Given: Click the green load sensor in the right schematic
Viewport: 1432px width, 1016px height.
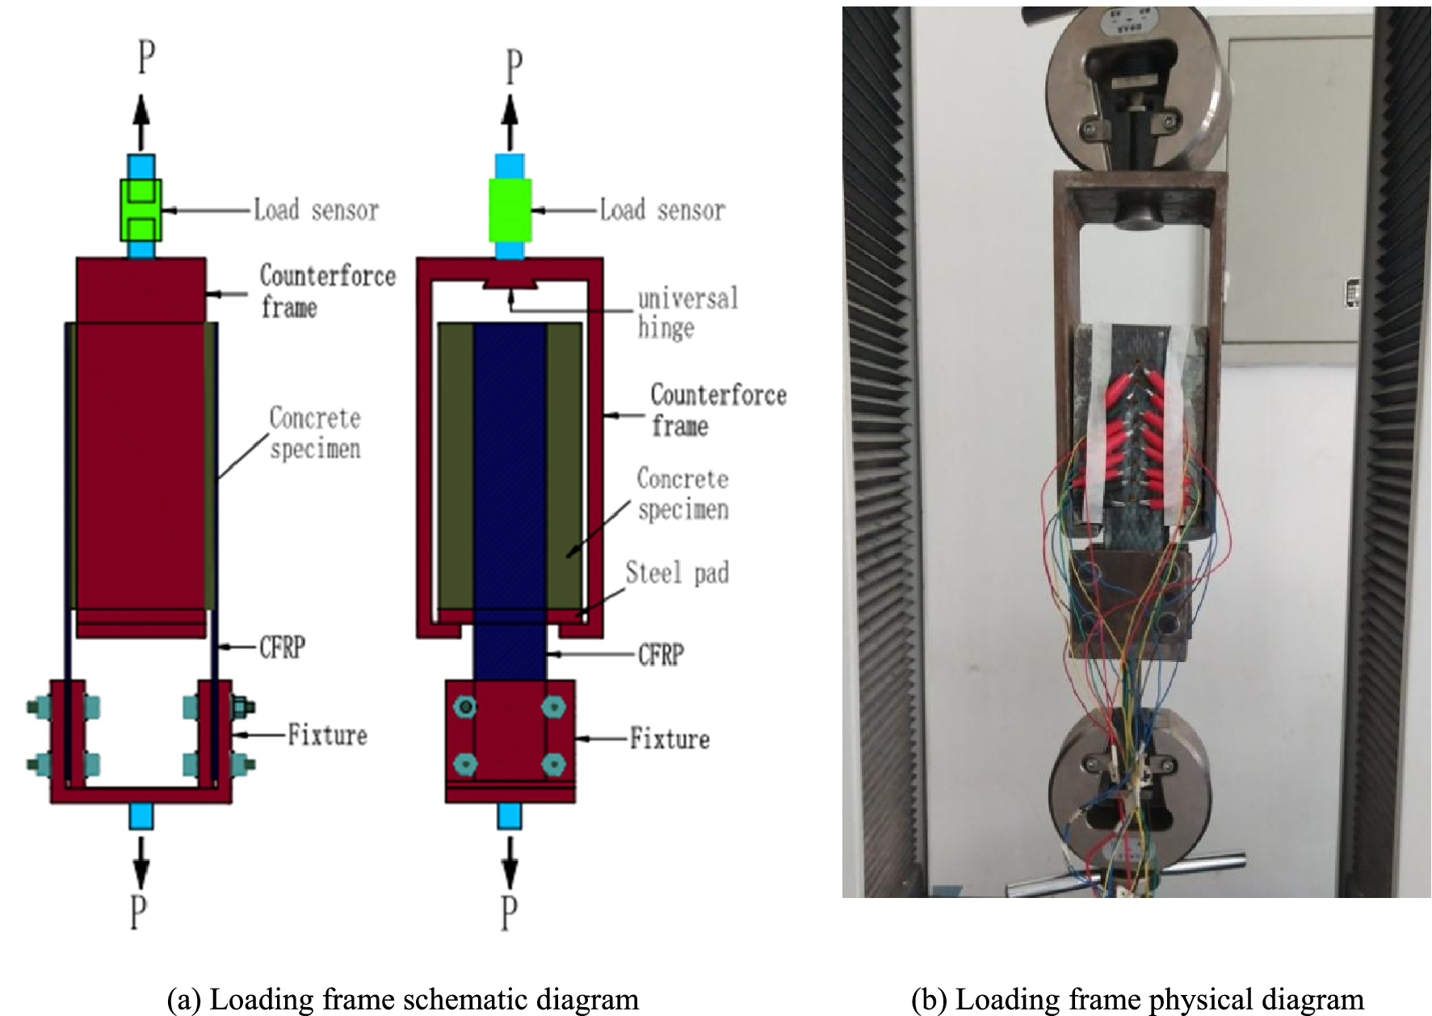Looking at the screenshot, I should pyautogui.click(x=510, y=210).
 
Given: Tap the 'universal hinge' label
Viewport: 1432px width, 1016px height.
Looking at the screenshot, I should pyautogui.click(x=687, y=313).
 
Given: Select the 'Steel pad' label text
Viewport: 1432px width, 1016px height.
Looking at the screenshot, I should pyautogui.click(x=677, y=573).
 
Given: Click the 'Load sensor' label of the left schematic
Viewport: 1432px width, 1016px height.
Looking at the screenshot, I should pyautogui.click(x=316, y=210).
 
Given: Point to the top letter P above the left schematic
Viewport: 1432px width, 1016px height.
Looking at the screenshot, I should pyautogui.click(x=145, y=57).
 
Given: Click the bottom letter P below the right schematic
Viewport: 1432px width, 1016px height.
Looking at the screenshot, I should pyautogui.click(x=508, y=913).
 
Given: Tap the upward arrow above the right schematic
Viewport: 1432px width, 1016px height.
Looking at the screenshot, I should pyautogui.click(x=510, y=121).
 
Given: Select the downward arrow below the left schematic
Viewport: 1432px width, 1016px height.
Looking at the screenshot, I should pyautogui.click(x=141, y=862).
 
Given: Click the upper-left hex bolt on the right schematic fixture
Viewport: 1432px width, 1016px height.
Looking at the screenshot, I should pyautogui.click(x=464, y=707).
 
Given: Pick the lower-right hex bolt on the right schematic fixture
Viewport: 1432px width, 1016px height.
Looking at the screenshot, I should pyautogui.click(x=552, y=764).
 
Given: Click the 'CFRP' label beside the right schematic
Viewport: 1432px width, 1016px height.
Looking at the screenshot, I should pyautogui.click(x=661, y=654).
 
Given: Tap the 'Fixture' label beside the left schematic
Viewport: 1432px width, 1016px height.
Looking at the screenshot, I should pyautogui.click(x=327, y=736).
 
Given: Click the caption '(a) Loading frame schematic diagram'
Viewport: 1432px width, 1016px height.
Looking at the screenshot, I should pyautogui.click(x=402, y=1000).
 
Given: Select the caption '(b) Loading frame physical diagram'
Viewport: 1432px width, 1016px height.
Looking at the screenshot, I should pyautogui.click(x=1137, y=1000).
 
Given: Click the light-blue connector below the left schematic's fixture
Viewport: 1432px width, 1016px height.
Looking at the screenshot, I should pyautogui.click(x=141, y=816).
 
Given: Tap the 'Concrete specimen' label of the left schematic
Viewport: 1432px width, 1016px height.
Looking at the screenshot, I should pyautogui.click(x=315, y=433).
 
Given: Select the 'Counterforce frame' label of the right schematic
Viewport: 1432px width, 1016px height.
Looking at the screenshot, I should pyautogui.click(x=718, y=410).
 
